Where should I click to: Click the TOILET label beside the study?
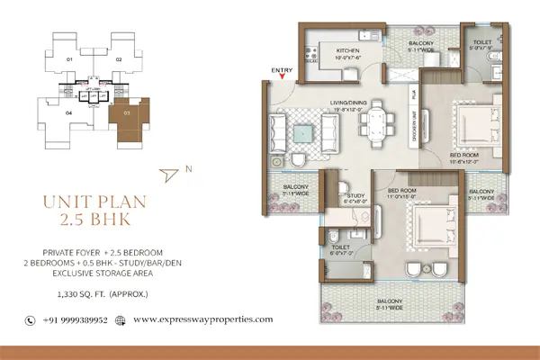point(340,246)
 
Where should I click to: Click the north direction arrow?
point(168,174)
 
